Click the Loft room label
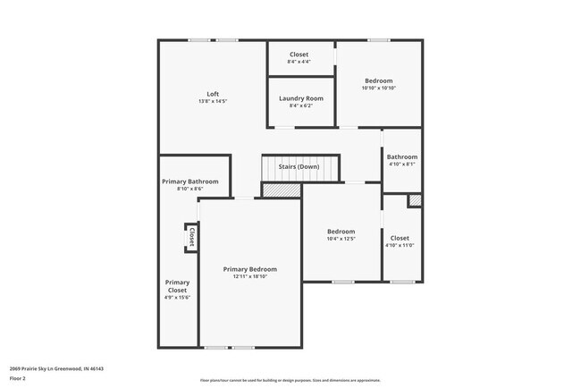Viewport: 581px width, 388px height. (x=213, y=94)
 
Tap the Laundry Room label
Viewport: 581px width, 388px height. (x=301, y=98)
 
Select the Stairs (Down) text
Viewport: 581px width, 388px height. (x=299, y=166)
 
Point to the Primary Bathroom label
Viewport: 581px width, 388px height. (x=189, y=181)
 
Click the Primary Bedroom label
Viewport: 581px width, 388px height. (x=249, y=269)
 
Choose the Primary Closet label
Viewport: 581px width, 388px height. (x=177, y=286)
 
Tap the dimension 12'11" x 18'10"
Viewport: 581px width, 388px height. (x=249, y=277)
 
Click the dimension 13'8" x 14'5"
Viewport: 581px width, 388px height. (x=213, y=101)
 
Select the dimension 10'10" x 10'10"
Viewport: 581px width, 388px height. (x=378, y=89)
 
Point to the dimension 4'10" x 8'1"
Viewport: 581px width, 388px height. (x=402, y=164)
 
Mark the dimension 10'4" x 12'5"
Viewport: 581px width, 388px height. (x=341, y=239)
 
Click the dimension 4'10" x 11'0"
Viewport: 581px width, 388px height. (x=400, y=246)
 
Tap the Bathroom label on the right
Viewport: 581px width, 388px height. (x=402, y=157)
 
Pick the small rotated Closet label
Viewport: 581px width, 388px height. (x=191, y=237)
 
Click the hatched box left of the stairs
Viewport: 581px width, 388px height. (x=281, y=190)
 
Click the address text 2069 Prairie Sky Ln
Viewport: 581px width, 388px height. (x=56, y=367)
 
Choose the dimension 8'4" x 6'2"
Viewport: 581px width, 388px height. (x=301, y=105)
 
